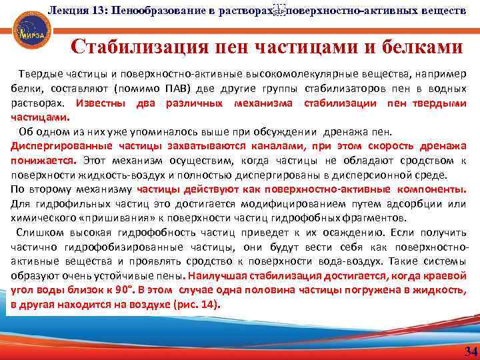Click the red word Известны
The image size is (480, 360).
[101, 103]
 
